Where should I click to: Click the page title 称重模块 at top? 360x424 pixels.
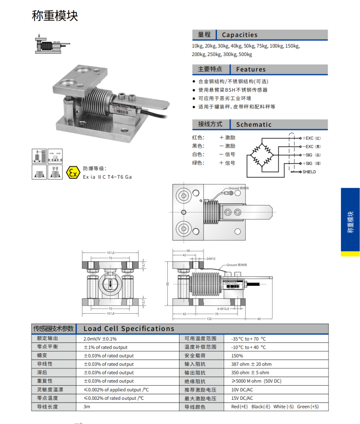click(55, 16)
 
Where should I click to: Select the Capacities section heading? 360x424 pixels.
click(239, 35)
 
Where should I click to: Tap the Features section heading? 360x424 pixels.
click(250, 69)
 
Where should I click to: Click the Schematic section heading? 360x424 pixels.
click(253, 124)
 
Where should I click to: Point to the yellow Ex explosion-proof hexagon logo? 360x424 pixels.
click(72, 172)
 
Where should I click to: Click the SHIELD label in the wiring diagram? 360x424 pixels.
click(309, 172)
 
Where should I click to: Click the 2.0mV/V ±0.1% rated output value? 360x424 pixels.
click(100, 339)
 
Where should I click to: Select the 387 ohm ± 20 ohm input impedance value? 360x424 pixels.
click(251, 364)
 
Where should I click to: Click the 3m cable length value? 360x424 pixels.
click(87, 406)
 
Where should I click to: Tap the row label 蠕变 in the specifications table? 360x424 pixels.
click(42, 356)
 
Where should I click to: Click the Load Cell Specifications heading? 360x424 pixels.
click(129, 329)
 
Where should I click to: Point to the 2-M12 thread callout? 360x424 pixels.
click(210, 259)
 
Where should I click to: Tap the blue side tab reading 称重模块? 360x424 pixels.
click(350, 222)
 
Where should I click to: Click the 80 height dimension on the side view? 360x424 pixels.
click(167, 284)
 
